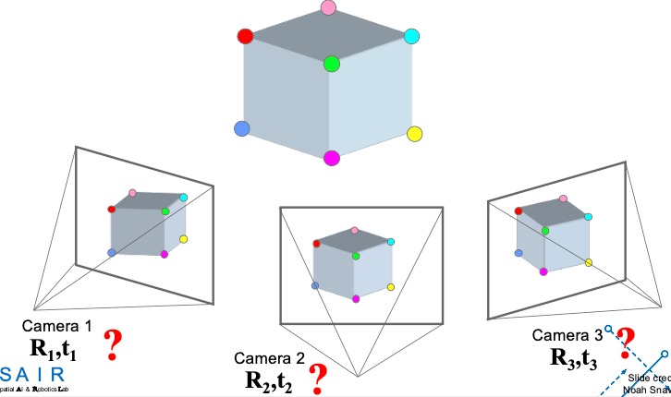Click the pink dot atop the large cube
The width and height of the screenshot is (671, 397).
click(x=328, y=8)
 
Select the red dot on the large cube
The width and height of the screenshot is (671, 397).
click(x=245, y=37)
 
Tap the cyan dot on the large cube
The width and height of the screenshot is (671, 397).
click(x=411, y=37)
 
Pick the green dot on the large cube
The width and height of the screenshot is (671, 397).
click(x=332, y=64)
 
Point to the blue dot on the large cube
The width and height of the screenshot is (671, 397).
click(x=243, y=128)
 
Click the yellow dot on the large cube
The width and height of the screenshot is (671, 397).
click(x=415, y=135)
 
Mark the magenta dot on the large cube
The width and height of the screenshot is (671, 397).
click(x=332, y=158)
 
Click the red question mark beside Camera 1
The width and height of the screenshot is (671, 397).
click(x=114, y=344)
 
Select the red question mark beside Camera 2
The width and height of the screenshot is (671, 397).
click(x=319, y=377)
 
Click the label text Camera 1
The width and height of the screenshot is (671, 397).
click(x=57, y=326)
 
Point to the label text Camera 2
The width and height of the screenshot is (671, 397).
click(x=269, y=358)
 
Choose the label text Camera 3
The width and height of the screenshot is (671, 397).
click(x=567, y=335)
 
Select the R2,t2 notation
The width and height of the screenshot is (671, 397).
click(x=269, y=379)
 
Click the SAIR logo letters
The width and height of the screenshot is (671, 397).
click(x=33, y=374)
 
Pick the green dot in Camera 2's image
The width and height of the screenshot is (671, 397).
click(x=356, y=255)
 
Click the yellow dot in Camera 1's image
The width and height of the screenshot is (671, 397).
click(x=184, y=239)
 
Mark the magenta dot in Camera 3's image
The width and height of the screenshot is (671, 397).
click(x=543, y=271)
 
